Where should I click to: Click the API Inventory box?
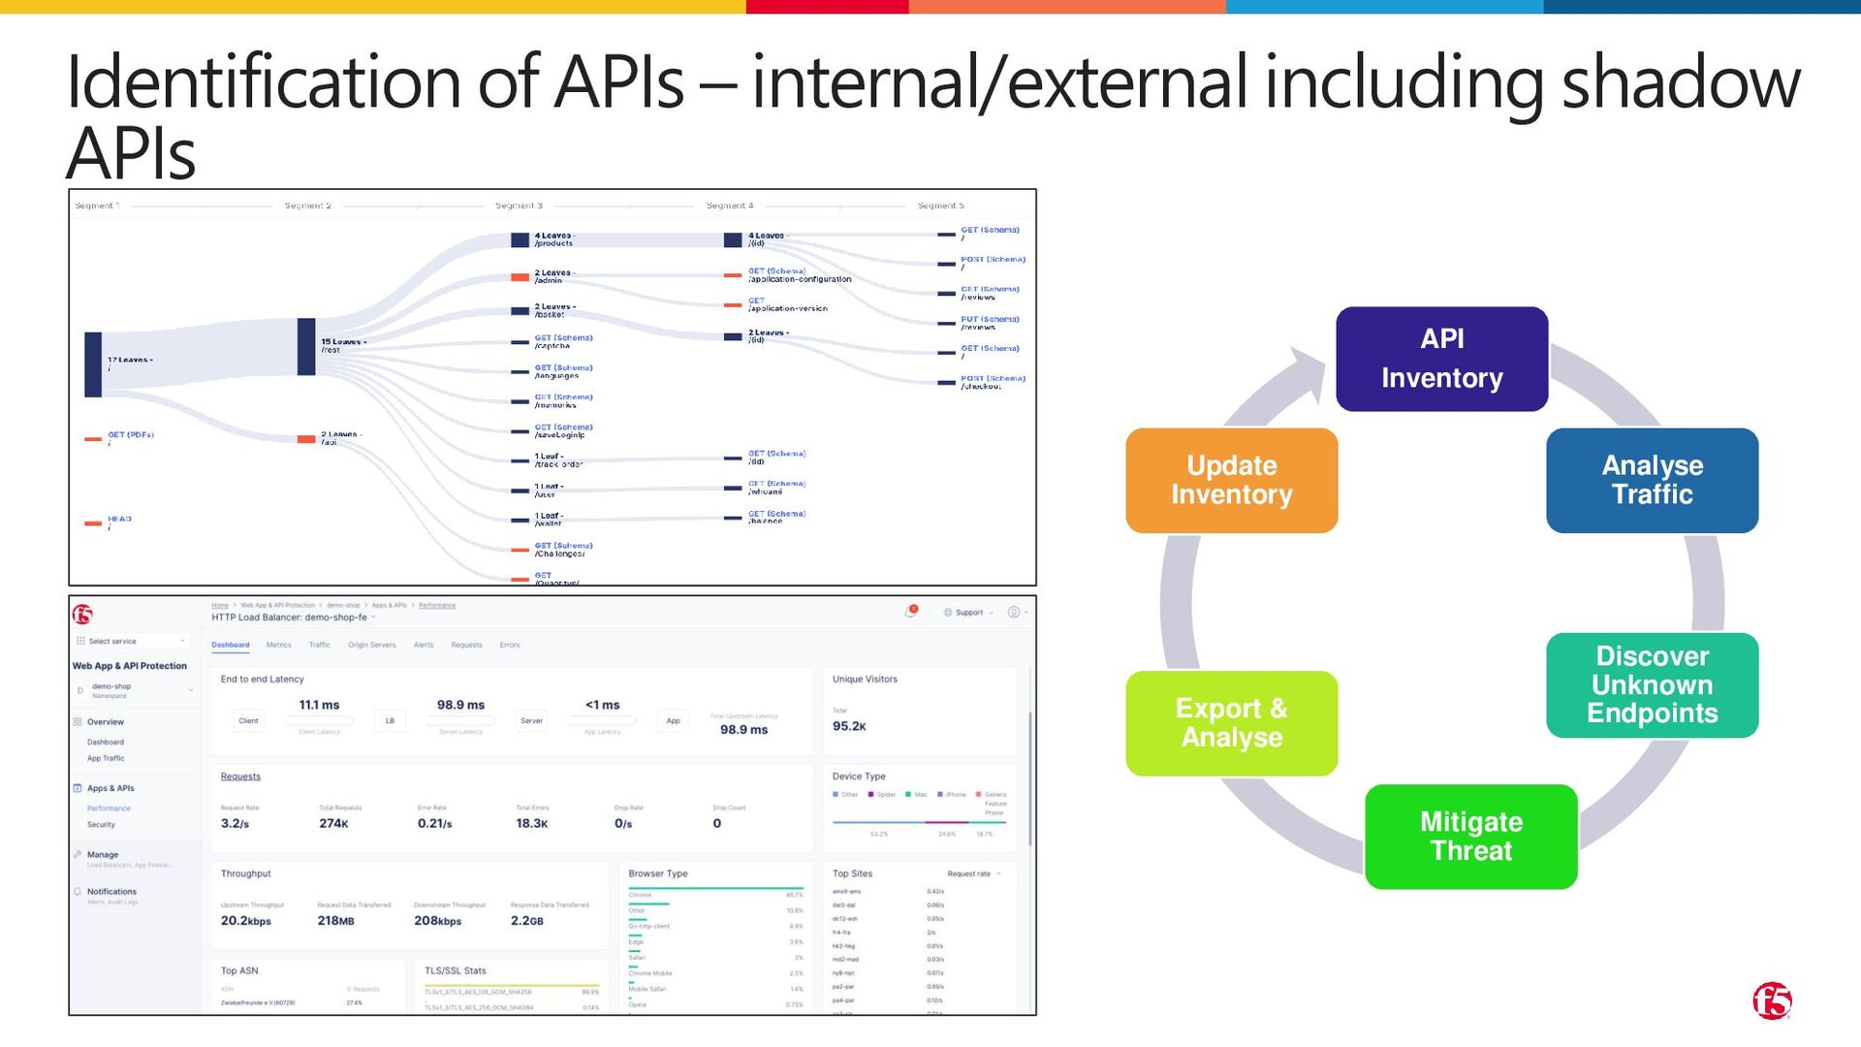pos(1441,359)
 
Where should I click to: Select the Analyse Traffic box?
pos(1652,480)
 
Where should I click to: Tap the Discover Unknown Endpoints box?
pos(1652,684)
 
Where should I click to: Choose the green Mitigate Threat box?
pos(1470,836)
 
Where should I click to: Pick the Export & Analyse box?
pos(1231,723)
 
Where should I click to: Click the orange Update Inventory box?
pos(1231,480)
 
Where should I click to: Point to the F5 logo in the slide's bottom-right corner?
pos(1772,1001)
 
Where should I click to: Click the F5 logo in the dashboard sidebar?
pos(83,614)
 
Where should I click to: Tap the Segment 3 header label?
pos(519,206)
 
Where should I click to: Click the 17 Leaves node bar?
pos(93,364)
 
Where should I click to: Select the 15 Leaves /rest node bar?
pos(306,346)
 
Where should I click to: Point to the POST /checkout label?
pos(992,382)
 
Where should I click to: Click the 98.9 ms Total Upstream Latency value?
pos(743,730)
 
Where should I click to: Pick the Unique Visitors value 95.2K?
pos(849,726)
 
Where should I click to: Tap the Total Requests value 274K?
pos(333,824)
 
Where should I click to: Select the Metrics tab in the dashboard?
pos(278,645)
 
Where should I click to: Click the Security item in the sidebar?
pos(101,825)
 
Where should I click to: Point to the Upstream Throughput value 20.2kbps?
pos(245,921)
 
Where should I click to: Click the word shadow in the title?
pos(1681,82)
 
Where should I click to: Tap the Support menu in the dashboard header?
pos(968,613)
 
